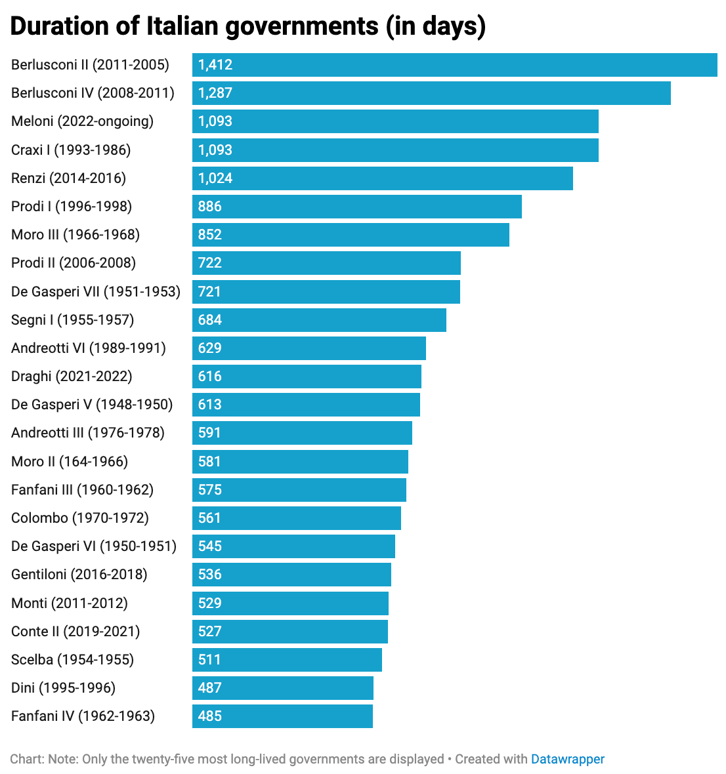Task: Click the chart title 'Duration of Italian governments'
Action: (x=248, y=26)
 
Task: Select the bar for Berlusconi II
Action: (x=454, y=65)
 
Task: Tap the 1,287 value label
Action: (x=215, y=93)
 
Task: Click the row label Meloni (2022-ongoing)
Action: (x=82, y=121)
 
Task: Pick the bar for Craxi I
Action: (x=395, y=150)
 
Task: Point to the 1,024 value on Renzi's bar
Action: (x=215, y=178)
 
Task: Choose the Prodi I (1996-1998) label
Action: (x=72, y=207)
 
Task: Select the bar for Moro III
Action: (x=351, y=235)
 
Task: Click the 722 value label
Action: (x=210, y=263)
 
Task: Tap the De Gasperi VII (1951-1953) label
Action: (x=96, y=291)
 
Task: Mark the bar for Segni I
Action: (x=319, y=319)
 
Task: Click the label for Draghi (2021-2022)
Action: (x=72, y=377)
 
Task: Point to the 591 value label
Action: (x=210, y=433)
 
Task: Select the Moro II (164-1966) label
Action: (x=70, y=462)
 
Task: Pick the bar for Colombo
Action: (x=297, y=518)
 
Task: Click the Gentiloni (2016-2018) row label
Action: (x=79, y=575)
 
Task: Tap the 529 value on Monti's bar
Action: (x=210, y=603)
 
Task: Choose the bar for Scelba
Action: (x=287, y=660)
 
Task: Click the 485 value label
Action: (x=210, y=716)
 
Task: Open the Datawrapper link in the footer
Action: (x=568, y=760)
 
